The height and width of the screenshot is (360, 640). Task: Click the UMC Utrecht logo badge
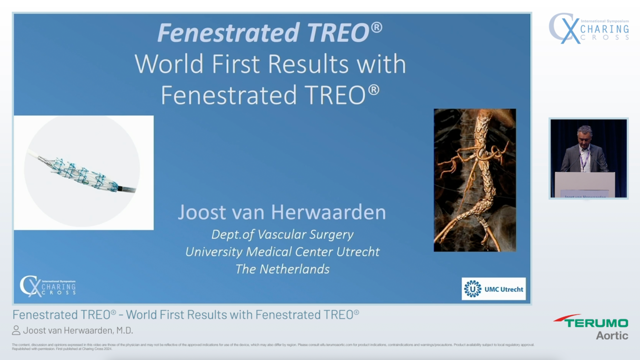[x=493, y=289]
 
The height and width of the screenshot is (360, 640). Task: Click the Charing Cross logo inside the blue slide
[x=48, y=286]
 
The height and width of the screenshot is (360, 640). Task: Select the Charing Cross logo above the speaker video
[x=588, y=28]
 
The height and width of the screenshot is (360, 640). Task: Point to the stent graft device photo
[x=84, y=173]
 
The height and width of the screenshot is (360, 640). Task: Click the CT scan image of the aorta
[x=475, y=180]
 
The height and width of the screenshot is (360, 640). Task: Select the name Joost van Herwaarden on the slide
[x=282, y=212]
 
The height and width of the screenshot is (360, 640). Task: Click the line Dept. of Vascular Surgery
[x=282, y=235]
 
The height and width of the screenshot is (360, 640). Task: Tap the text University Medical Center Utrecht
[x=282, y=252]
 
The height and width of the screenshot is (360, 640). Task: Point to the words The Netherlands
[x=282, y=269]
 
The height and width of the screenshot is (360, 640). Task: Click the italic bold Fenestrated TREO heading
[x=270, y=32]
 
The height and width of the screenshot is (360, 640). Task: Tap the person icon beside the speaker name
[x=16, y=330]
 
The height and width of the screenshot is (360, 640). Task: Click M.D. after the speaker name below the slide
[x=125, y=330]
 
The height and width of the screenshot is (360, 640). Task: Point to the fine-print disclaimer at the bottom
[x=273, y=346]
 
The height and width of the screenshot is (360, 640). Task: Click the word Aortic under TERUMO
[x=612, y=335]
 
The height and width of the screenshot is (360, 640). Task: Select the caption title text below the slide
[x=185, y=315]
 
